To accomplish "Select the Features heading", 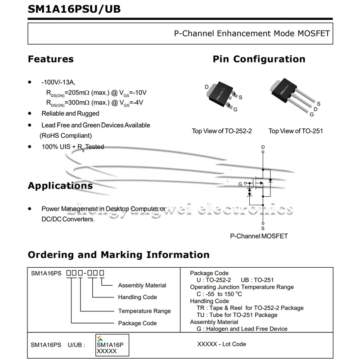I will [x=51, y=59].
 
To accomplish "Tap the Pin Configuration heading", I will [x=259, y=59].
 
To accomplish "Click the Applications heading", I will [x=60, y=186].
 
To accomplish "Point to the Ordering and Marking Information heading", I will [x=119, y=255].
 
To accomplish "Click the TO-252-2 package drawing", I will [x=222, y=94].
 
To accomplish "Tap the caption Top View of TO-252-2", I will [x=222, y=131].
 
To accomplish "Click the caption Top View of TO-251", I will [x=296, y=131].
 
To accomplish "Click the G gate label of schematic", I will [x=240, y=184].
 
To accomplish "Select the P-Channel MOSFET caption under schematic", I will [x=259, y=236].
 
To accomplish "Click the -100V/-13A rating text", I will [x=58, y=83].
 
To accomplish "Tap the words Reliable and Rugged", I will [x=70, y=113].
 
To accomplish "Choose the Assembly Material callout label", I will [x=142, y=285].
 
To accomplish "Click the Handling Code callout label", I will [x=137, y=297].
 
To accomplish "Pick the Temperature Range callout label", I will [x=144, y=310].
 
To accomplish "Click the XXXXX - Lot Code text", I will [x=222, y=344].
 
